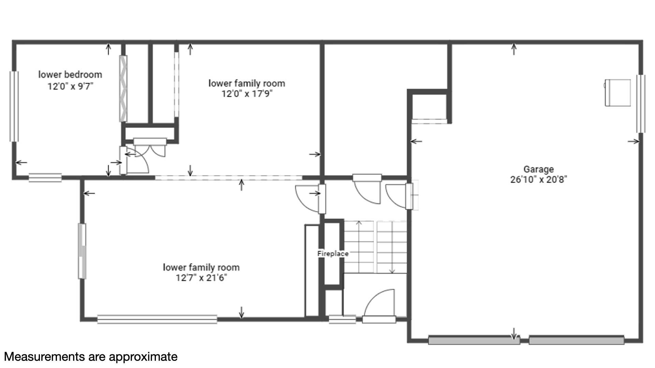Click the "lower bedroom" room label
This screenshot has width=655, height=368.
(70, 75)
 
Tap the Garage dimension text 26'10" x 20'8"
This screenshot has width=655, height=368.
(539, 180)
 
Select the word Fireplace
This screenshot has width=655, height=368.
(333, 254)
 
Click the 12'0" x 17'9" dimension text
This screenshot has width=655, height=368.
(247, 94)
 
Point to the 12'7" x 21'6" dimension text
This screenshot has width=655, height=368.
(201, 278)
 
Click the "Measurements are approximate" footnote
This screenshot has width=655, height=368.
(91, 357)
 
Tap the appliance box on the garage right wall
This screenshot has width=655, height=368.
(617, 93)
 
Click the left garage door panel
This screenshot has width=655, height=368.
(474, 340)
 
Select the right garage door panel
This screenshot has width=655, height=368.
(577, 340)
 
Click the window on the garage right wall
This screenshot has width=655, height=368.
(641, 104)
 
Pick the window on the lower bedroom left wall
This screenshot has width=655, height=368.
(14, 106)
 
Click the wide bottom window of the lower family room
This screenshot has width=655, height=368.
(157, 319)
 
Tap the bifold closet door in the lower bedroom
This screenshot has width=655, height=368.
(123, 89)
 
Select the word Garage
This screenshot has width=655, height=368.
(539, 169)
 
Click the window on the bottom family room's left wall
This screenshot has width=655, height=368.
(82, 251)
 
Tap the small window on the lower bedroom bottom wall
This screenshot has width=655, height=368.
(45, 178)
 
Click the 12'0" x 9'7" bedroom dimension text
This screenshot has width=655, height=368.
(70, 86)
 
